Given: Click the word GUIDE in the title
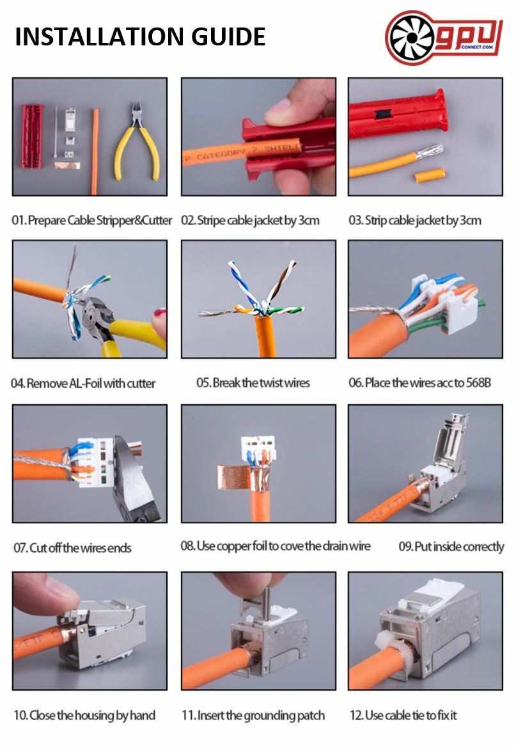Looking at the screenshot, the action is (228, 37).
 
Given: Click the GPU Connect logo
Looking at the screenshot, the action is (443, 37).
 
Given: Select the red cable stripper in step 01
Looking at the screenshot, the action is (32, 136).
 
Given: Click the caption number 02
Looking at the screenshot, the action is (187, 221).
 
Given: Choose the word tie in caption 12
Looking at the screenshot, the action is (418, 715).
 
